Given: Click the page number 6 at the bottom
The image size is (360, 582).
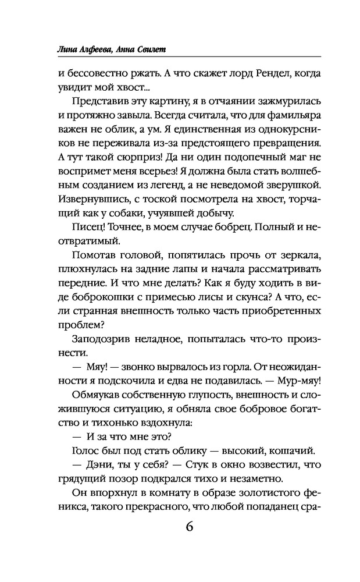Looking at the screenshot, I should [190, 527].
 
